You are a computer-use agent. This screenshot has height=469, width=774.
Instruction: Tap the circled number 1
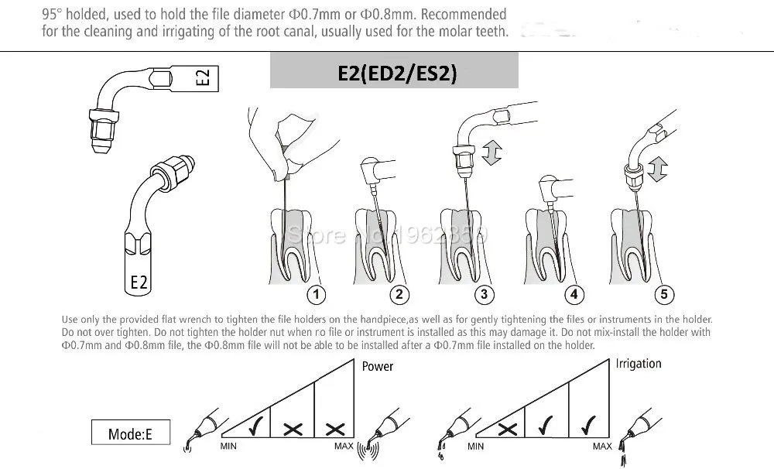click(316, 294)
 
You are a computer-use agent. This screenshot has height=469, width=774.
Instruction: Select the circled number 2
click(399, 294)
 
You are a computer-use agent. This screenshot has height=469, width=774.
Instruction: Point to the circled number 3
click(485, 294)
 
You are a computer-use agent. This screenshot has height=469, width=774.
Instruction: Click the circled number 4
click(574, 294)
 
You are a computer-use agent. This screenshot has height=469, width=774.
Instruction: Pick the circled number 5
click(663, 294)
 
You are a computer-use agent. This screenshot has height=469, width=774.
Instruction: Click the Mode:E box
click(130, 433)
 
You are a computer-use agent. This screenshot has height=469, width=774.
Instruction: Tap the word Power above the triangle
click(378, 366)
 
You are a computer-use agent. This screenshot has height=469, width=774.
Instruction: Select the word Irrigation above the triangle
click(639, 364)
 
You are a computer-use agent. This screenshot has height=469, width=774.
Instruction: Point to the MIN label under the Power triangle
click(228, 447)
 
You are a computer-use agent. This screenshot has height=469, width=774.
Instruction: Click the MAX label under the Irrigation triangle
click(602, 447)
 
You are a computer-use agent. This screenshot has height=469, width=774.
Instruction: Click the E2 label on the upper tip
click(202, 78)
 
